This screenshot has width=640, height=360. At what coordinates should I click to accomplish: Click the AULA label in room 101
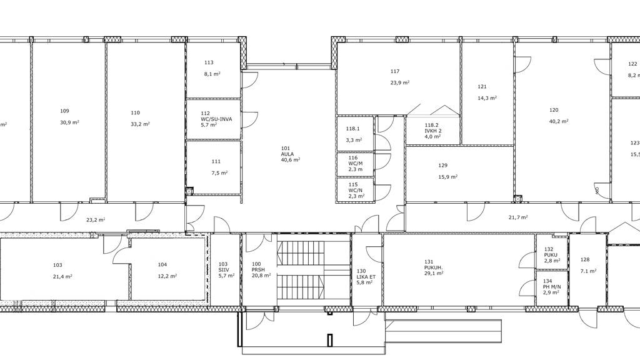coord(287,154)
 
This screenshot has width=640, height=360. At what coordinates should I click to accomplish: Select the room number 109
coord(64,111)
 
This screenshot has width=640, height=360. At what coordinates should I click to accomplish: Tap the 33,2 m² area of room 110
coord(140,124)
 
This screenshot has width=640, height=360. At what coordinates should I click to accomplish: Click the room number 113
coord(209,62)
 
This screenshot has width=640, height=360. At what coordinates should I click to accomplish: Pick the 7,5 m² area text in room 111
coord(219,172)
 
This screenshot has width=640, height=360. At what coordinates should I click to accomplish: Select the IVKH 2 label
coord(433,131)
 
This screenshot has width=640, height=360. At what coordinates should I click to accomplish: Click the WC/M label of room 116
coord(356,163)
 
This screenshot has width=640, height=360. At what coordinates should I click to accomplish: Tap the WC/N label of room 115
coord(356,190)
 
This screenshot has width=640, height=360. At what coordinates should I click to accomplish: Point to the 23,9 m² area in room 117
coord(400,82)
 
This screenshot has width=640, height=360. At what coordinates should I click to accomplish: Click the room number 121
coord(482,86)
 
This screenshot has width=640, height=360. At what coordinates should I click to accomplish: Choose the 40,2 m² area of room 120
coord(559,121)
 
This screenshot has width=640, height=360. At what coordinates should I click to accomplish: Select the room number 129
coord(443,165)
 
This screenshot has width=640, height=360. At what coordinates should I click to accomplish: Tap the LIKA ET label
coord(366,277)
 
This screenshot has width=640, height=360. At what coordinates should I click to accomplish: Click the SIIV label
coord(224,270)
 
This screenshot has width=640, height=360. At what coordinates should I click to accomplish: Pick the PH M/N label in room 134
coord(552,287)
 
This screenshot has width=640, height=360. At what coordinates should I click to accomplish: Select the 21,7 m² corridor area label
coord(518,217)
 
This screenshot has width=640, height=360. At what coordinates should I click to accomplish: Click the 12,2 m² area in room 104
coord(167,276)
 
